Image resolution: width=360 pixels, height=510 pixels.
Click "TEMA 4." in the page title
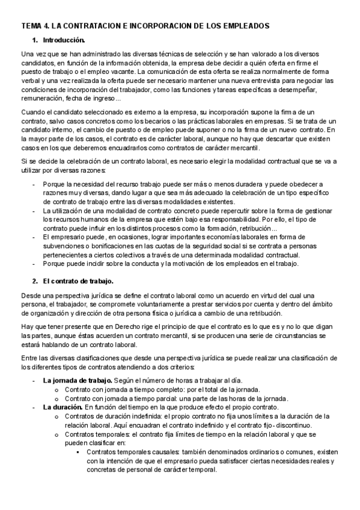[34, 26]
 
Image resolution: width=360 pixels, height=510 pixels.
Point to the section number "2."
[34, 281]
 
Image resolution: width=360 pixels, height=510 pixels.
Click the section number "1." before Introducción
[34, 40]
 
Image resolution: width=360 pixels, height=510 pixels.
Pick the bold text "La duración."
[63, 407]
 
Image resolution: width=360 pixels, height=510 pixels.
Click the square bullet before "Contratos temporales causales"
[79, 452]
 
